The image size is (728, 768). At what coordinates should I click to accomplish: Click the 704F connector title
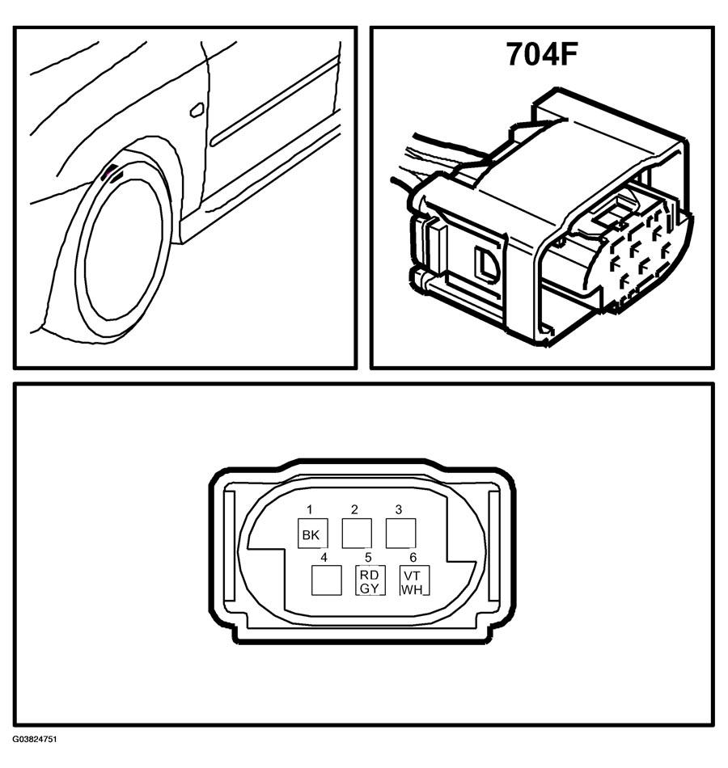pos(542,53)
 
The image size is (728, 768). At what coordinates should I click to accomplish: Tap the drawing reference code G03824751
pos(35,753)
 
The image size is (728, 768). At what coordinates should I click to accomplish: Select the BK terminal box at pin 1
pos(313,533)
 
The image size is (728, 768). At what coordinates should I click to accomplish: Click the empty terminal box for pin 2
pos(357,533)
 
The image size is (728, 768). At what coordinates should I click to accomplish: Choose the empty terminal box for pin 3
pos(401,533)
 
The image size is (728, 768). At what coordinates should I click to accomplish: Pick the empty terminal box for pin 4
pos(327,580)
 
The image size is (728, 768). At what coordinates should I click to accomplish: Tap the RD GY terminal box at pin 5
pos(370,580)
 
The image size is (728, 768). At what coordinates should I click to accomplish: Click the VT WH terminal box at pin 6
pos(415,580)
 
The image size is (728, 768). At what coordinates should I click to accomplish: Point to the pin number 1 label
pos(309,510)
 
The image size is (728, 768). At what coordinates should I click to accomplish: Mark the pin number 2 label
pos(354,510)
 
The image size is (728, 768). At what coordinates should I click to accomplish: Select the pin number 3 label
pos(399,510)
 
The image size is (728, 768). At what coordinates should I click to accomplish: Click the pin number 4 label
pos(324,557)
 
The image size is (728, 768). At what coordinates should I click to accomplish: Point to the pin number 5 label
pos(368,557)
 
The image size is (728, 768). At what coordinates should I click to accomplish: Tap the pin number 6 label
pos(413,557)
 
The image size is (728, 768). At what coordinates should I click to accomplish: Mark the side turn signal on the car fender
pos(197,110)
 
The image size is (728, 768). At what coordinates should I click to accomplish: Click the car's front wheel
pos(123,250)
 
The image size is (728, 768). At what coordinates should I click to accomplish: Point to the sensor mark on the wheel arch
pos(111,173)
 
